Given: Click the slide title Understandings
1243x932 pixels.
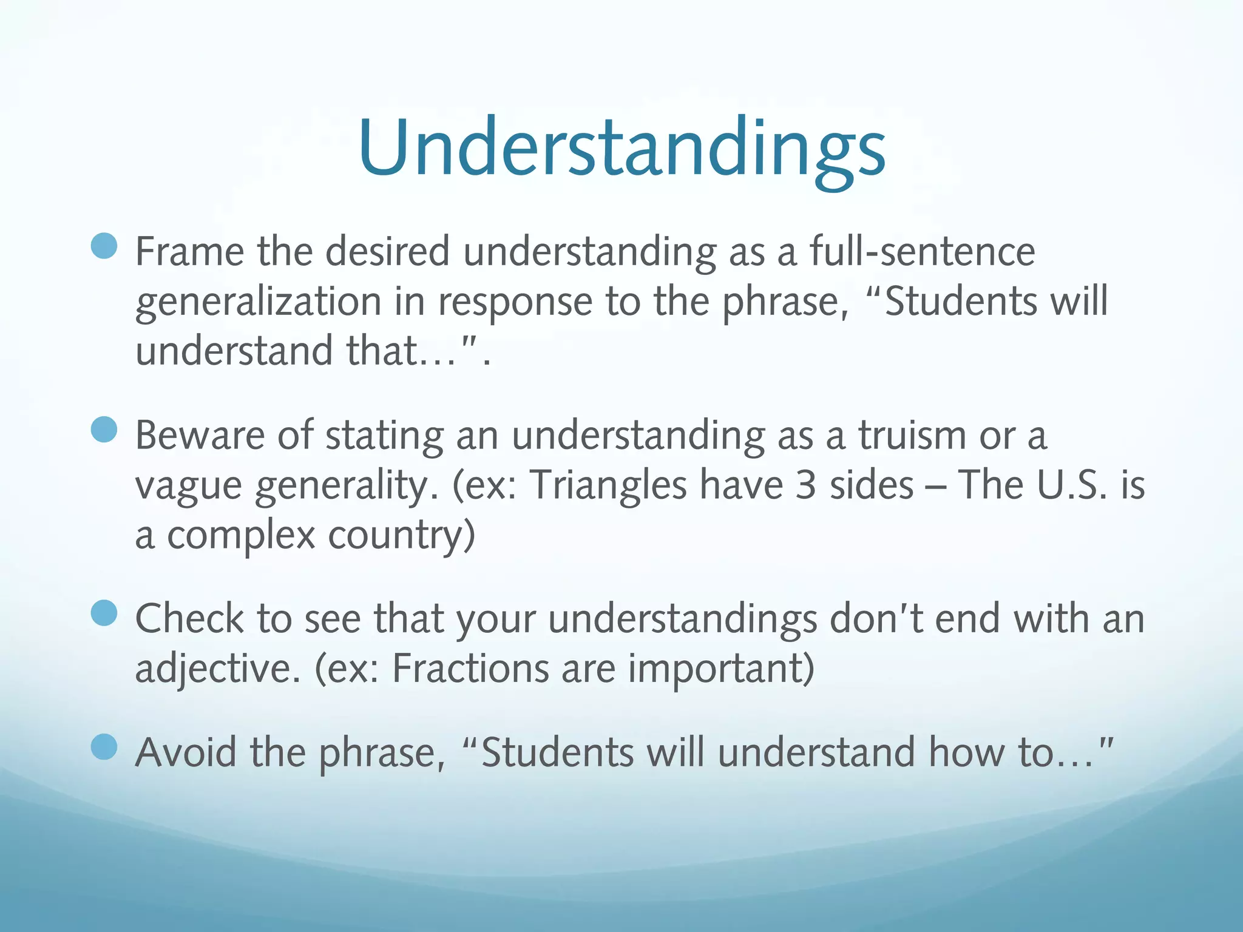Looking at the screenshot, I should [x=621, y=149].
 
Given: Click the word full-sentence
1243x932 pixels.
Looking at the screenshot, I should [x=922, y=251].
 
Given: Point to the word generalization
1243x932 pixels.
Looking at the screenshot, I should [x=258, y=302].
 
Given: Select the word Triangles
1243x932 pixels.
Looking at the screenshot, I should [x=608, y=485].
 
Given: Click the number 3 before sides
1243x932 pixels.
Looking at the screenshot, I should [x=805, y=485].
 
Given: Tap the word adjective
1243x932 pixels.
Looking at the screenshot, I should [x=217, y=669].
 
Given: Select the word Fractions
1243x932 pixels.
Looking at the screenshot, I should [x=470, y=669].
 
